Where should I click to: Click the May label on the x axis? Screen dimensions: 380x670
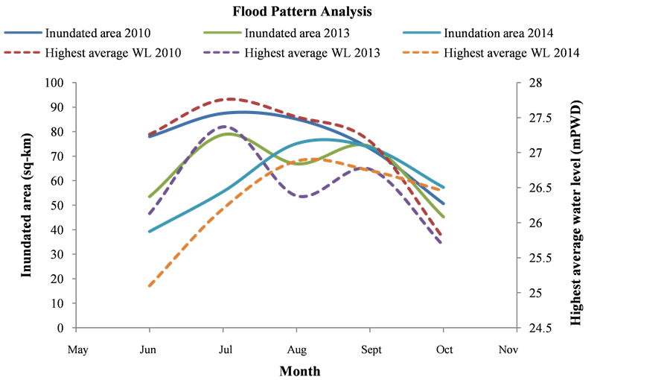[77, 349]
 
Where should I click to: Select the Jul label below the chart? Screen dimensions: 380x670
[223, 349]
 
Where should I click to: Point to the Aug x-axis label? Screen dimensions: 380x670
[297, 349]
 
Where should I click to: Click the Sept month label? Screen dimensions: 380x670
[371, 349]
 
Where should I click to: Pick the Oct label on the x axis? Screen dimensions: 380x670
[444, 349]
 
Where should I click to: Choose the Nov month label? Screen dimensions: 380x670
[508, 349]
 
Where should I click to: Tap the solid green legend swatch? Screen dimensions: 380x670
[223, 33]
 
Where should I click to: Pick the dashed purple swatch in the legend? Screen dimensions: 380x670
[223, 53]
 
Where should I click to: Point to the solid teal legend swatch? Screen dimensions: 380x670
[422, 33]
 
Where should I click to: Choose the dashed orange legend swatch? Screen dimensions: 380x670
[422, 53]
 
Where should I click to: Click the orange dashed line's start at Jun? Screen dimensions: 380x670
[150, 285]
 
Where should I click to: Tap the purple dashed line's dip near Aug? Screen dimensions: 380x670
[303, 197]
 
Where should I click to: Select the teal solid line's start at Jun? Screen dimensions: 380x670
[150, 231]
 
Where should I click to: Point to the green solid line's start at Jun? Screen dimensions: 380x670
[150, 197]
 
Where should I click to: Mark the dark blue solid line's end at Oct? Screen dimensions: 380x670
[444, 203]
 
